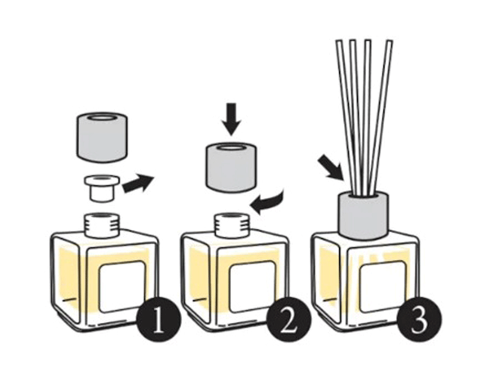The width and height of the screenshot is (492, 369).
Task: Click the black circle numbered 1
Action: point(158,319)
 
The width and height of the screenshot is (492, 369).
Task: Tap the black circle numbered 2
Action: point(289,319)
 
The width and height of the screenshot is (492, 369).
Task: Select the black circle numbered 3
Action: point(419,319)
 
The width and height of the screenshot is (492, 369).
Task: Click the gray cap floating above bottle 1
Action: point(102,137)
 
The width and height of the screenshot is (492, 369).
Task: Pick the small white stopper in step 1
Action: point(101,188)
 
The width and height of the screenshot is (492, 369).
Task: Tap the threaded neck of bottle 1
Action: point(102,224)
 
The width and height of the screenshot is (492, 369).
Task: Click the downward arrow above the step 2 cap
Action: point(231,119)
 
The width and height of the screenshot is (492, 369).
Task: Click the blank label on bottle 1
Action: point(122,287)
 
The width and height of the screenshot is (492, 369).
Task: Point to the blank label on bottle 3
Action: point(383,287)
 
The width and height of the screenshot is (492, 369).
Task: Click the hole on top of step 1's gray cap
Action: point(102,118)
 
